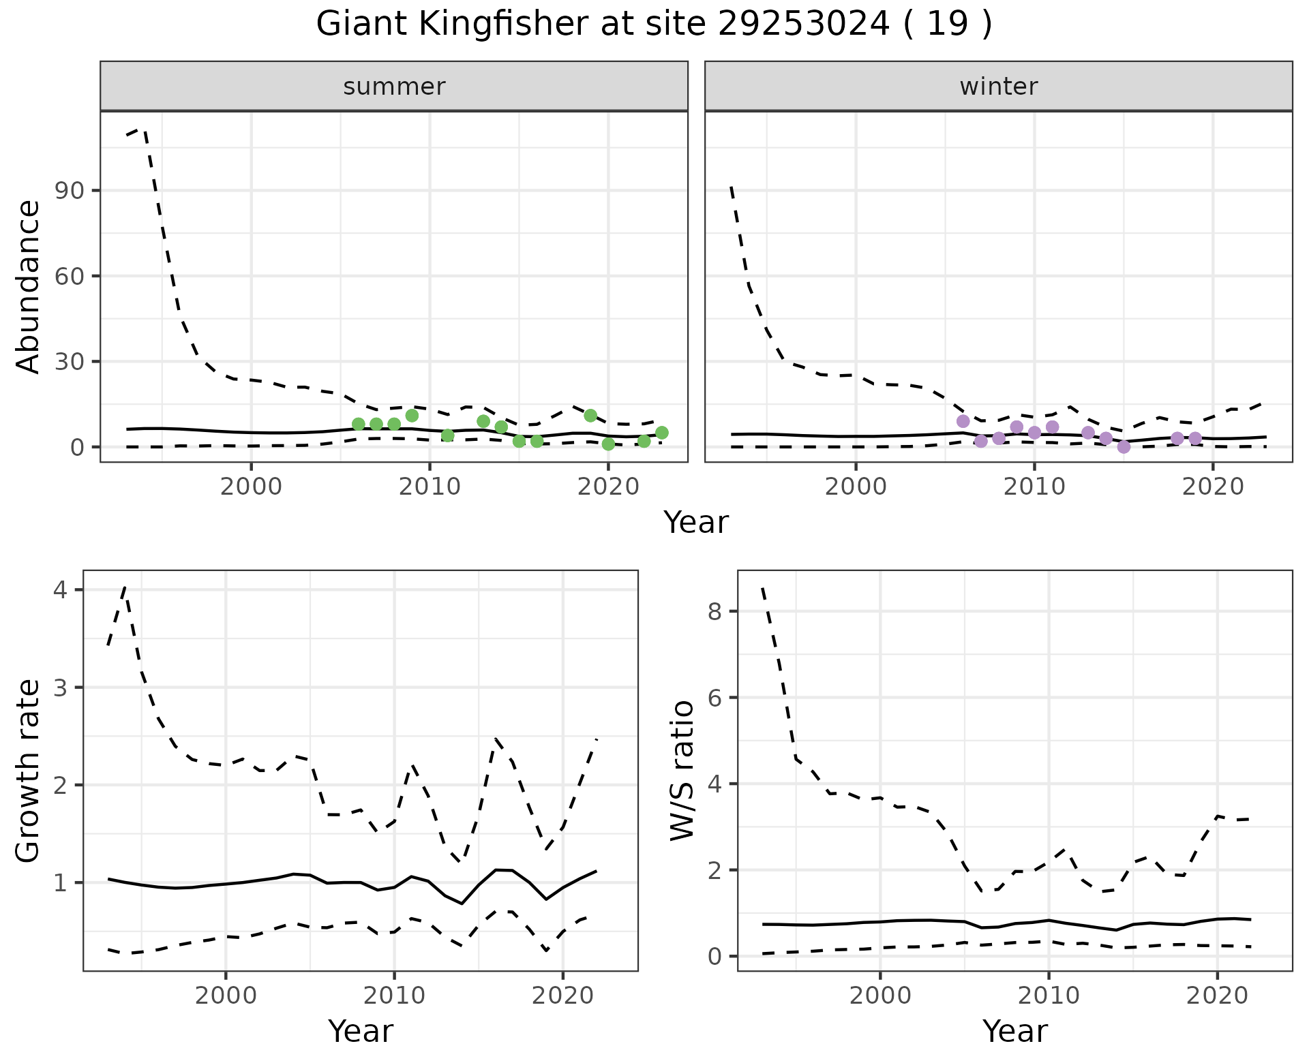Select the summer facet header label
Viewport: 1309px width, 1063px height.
(394, 87)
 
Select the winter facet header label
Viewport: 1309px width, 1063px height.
(998, 87)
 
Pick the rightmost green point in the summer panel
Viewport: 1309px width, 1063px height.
(661, 433)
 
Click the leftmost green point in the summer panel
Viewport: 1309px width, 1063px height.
(359, 425)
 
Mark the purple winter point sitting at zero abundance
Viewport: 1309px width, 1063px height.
(1124, 447)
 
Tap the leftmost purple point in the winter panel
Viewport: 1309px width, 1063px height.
(963, 421)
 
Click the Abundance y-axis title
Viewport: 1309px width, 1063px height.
(28, 286)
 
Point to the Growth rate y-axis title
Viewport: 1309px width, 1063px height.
(28, 771)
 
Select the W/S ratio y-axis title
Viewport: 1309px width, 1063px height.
(682, 771)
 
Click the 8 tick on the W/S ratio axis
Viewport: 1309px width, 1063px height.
(714, 611)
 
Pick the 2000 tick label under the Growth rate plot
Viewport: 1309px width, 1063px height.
(226, 996)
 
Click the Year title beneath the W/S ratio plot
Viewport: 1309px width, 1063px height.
(1014, 1031)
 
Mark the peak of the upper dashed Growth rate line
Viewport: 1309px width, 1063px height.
(125, 587)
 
